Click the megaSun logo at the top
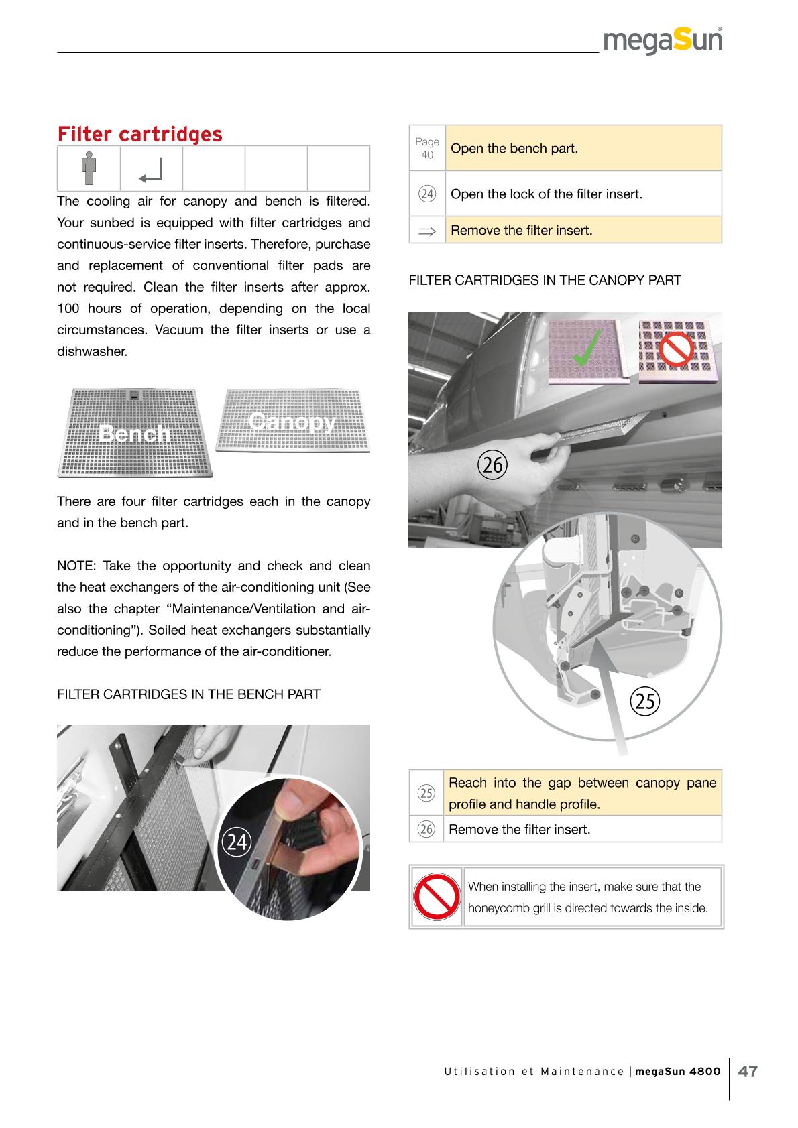[663, 42]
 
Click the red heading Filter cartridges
[139, 134]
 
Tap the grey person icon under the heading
[89, 169]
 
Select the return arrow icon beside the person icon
[151, 172]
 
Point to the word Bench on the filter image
[134, 434]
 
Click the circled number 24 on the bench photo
[236, 842]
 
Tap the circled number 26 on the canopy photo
[492, 464]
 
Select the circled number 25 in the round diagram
[645, 700]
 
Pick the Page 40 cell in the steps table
[427, 148]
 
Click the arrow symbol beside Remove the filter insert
[426, 231]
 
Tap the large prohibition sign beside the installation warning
[436, 897]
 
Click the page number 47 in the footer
[748, 1071]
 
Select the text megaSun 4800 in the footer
[677, 1071]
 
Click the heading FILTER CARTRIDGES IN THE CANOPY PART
[545, 281]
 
